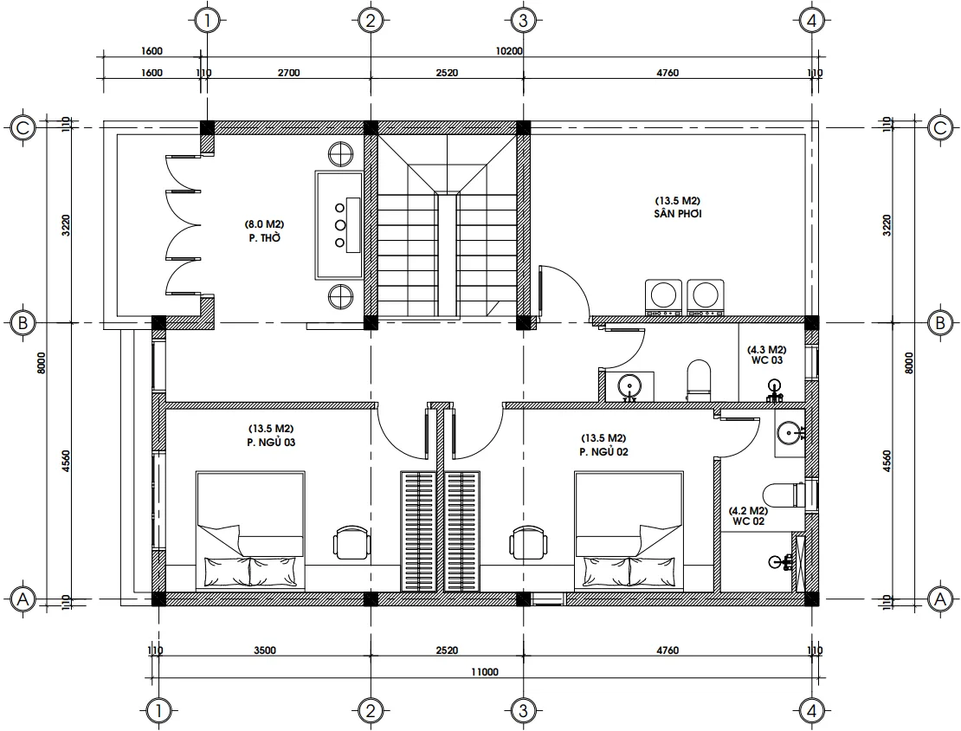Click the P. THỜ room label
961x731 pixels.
click(x=263, y=237)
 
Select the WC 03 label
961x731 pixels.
click(x=766, y=359)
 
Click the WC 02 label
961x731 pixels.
click(x=747, y=522)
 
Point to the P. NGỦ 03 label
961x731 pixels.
click(x=271, y=442)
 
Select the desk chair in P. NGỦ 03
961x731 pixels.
click(x=352, y=542)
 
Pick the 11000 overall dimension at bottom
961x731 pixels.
click(x=484, y=671)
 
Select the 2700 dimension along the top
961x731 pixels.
click(x=288, y=74)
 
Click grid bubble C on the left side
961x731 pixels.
click(x=23, y=128)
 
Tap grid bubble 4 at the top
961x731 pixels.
click(x=811, y=20)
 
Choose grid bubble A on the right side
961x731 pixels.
click(x=938, y=598)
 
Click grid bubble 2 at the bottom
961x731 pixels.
click(x=370, y=711)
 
